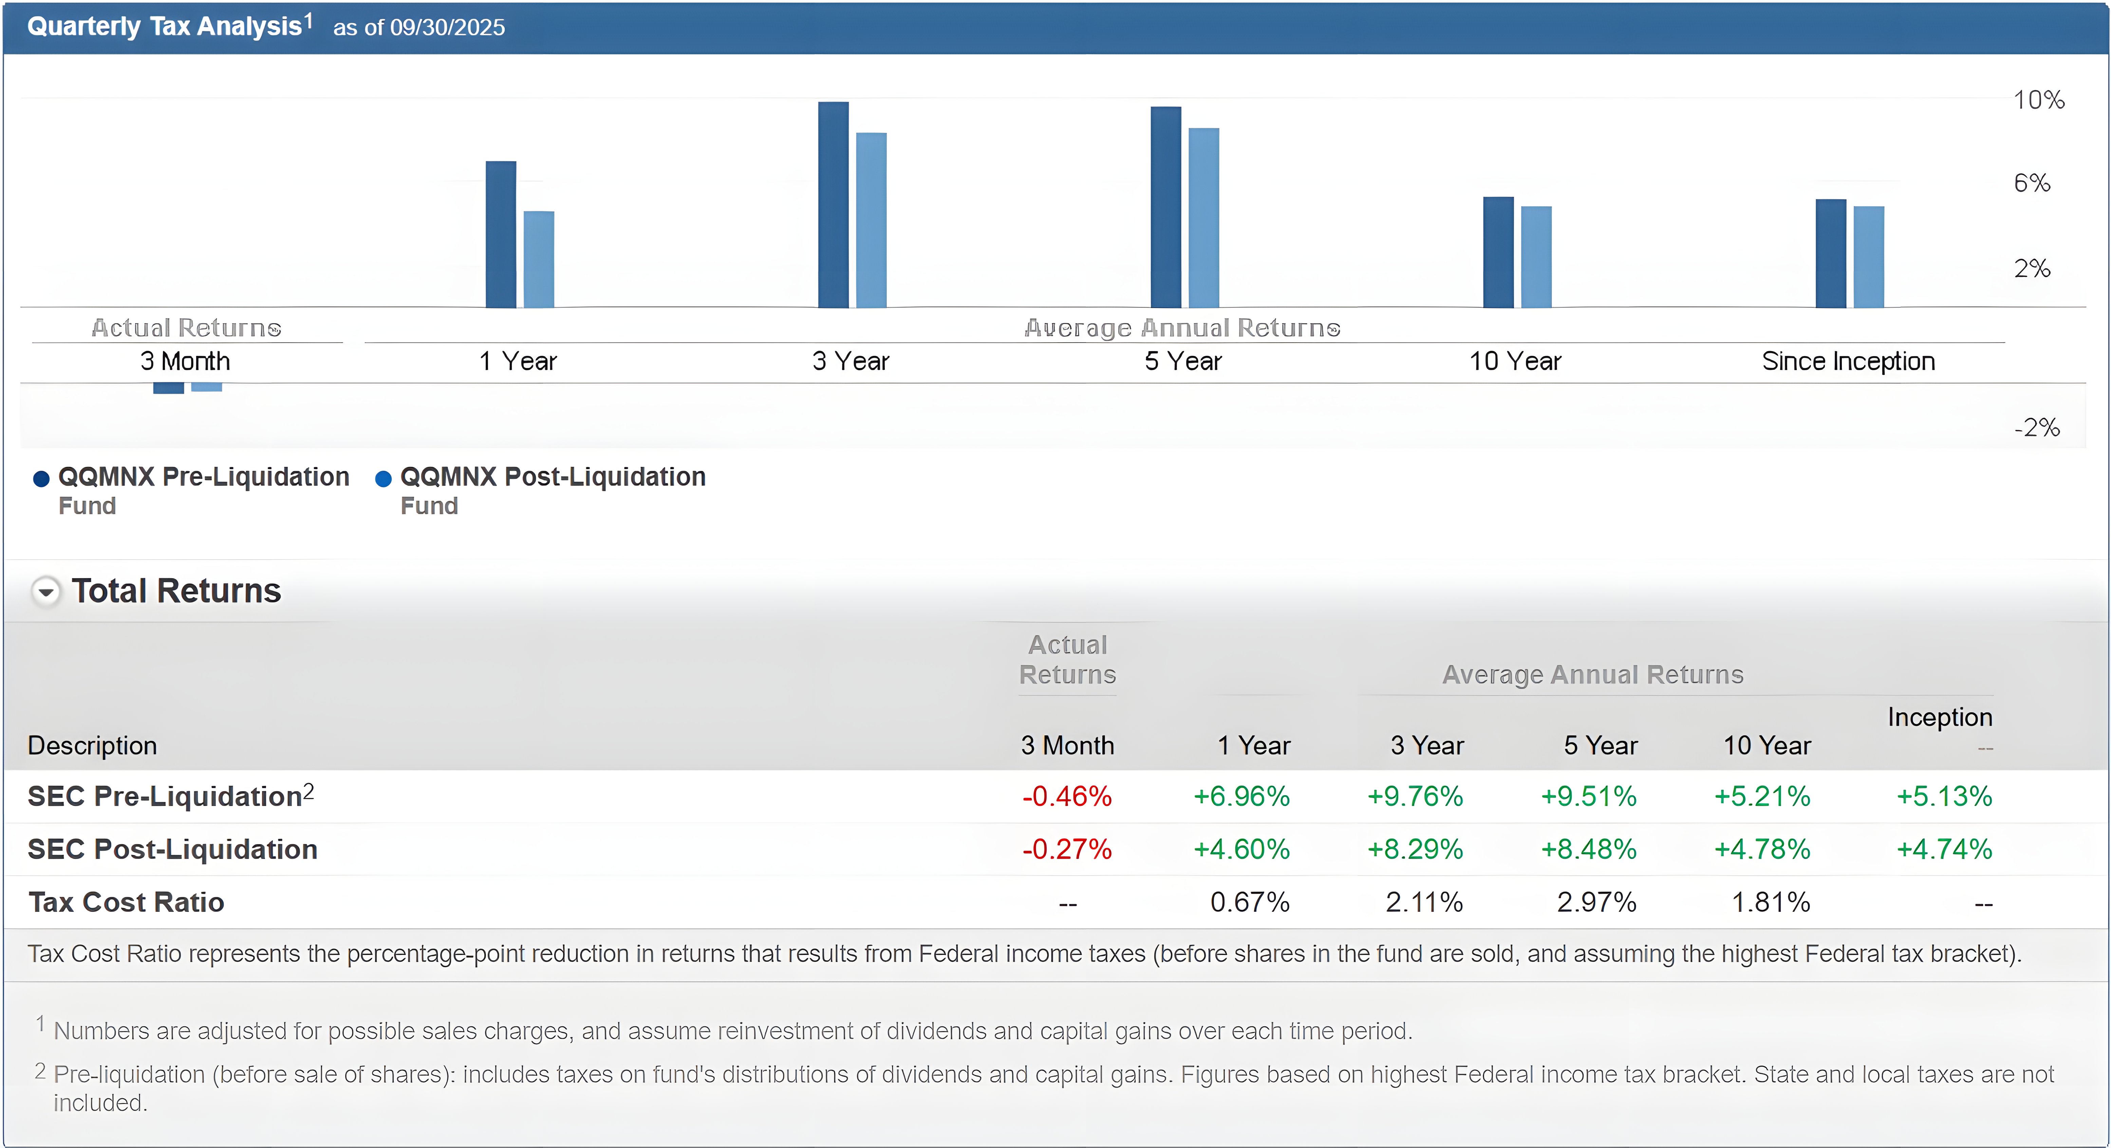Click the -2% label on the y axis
2036,427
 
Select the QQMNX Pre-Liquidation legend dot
41,479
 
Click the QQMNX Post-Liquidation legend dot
383,479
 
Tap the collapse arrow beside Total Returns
46,591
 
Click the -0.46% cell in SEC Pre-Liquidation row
1066,796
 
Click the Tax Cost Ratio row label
126,902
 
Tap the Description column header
92,745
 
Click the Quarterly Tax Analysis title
164,26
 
